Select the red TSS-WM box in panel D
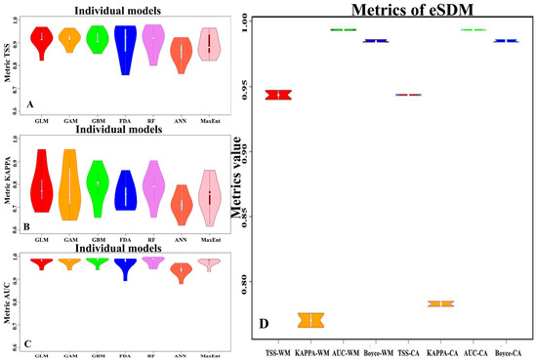point(279,95)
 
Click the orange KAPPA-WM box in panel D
point(310,320)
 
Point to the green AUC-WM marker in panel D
point(343,29)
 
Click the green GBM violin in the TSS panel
point(96,38)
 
